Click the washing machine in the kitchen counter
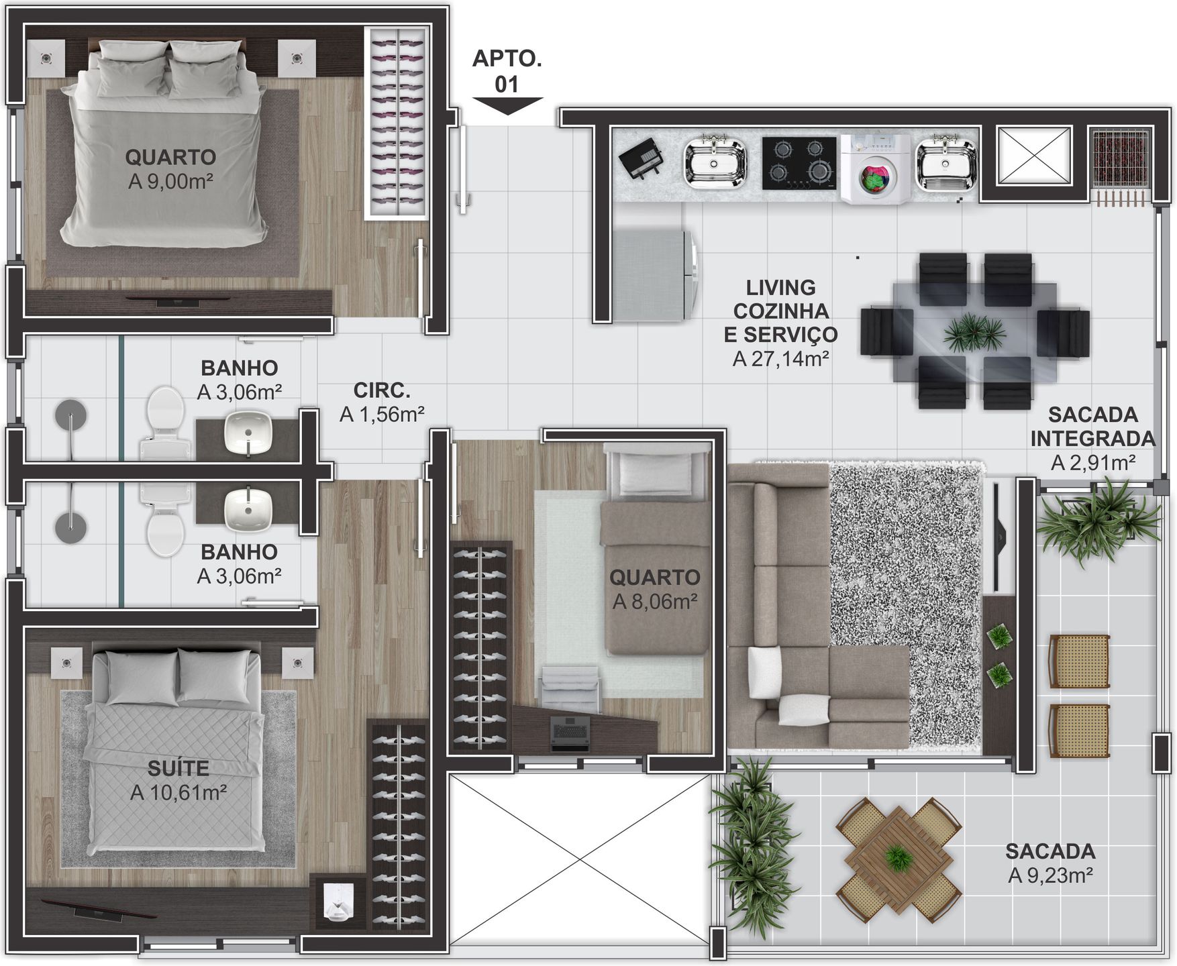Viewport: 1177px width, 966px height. (875, 169)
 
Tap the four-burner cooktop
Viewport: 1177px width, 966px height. (799, 163)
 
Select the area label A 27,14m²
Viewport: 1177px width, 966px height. (781, 358)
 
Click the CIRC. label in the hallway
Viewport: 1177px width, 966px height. (382, 390)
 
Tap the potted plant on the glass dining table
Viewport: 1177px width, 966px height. (974, 332)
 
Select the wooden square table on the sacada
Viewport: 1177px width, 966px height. (898, 855)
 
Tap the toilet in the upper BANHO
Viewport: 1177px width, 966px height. (163, 423)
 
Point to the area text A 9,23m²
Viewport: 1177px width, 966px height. (1051, 875)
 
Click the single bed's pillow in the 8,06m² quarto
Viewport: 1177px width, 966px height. (655, 474)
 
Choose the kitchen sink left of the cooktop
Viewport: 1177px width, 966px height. (715, 163)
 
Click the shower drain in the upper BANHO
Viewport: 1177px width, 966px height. (70, 414)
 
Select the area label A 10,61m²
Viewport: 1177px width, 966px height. (178, 792)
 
